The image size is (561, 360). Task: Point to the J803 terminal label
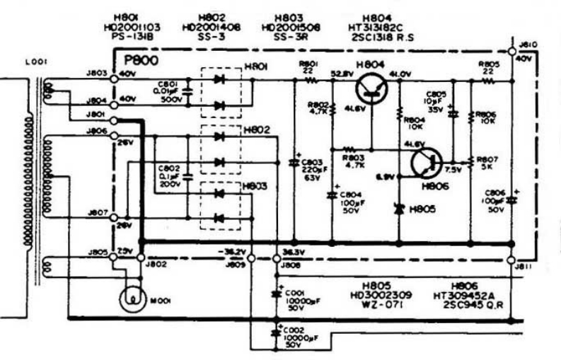98,74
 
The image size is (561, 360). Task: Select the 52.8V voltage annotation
342,74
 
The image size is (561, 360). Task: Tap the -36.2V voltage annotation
234,252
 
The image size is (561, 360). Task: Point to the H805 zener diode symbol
399,209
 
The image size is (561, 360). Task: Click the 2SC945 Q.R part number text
471,306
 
